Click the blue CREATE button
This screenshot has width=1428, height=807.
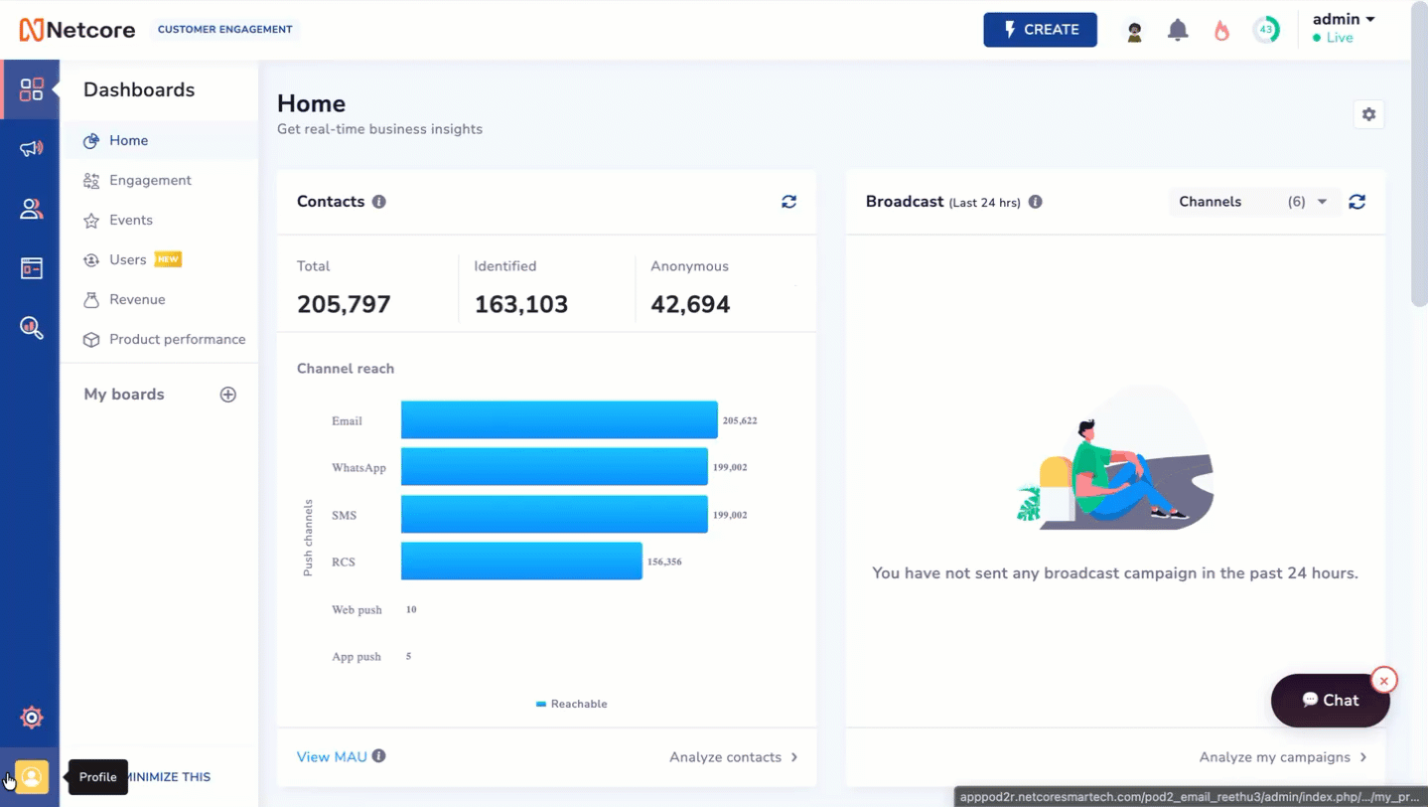1040,30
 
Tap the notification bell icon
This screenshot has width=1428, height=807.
1178,30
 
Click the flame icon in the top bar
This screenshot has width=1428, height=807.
1221,30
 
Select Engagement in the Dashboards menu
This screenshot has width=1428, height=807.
150,180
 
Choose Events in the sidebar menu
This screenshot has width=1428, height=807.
131,220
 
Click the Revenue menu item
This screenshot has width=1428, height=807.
137,299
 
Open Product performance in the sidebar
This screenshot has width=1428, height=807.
177,339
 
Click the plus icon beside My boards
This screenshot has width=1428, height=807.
227,395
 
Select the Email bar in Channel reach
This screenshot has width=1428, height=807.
559,419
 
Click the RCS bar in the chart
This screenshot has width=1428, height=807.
521,562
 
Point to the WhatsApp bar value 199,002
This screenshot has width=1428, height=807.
730,467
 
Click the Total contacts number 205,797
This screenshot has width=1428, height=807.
344,304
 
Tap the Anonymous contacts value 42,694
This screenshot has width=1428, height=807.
690,304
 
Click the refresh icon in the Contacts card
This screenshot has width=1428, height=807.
788,202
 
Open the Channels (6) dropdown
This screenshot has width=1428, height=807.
1252,202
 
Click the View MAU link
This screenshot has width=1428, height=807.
332,756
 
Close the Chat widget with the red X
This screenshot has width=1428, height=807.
1384,681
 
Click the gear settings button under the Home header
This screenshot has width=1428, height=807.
1368,115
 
